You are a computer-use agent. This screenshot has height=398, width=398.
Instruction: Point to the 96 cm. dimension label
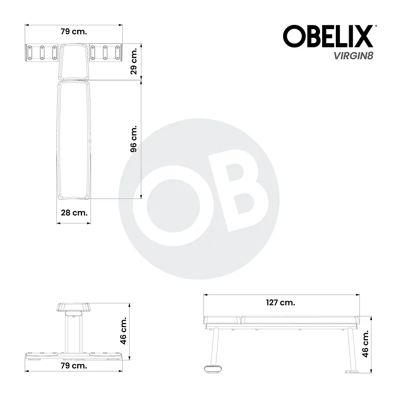pos(134,138)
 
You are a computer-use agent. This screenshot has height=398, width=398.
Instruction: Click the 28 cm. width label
pos(74,213)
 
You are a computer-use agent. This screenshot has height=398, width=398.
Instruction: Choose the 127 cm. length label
pos(281,303)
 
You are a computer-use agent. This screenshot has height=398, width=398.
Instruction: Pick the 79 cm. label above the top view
pos(74,32)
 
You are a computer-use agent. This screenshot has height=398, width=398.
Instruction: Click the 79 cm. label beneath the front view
pos(74,366)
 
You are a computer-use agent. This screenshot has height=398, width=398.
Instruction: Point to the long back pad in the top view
pos(74,140)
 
